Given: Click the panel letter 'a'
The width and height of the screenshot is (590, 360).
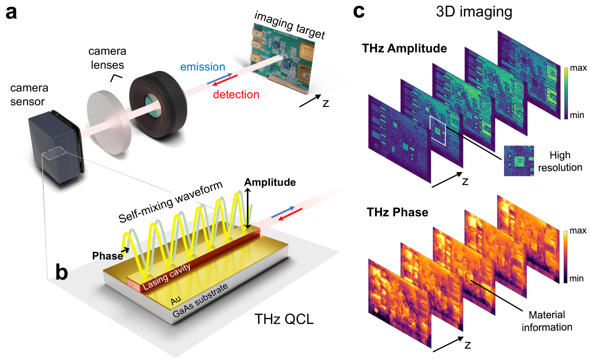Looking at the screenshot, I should (x=11, y=12).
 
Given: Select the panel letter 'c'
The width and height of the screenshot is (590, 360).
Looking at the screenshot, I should (x=359, y=11).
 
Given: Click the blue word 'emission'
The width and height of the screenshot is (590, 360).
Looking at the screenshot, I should (x=202, y=67).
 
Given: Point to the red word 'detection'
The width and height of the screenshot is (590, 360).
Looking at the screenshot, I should (x=236, y=94).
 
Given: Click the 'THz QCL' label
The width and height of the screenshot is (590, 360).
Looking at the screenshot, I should (x=284, y=319).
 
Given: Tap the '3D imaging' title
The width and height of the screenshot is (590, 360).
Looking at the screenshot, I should (x=474, y=12).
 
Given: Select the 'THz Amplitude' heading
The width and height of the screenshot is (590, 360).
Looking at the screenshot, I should (x=404, y=48).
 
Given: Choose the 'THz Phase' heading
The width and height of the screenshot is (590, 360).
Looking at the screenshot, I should (x=397, y=212).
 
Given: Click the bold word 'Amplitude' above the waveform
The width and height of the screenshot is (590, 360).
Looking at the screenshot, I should (x=270, y=182).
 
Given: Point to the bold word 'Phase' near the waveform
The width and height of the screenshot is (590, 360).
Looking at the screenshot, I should (x=107, y=256).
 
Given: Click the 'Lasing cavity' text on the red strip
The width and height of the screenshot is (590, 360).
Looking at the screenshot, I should (x=167, y=277).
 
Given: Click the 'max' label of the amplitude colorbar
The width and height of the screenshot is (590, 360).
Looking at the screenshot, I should (x=578, y=68).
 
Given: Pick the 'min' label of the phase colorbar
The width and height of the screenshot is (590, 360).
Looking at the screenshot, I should (x=576, y=279).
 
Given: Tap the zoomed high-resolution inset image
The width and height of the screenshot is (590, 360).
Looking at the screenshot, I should (x=519, y=161).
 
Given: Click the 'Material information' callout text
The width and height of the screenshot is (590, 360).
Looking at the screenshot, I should (x=547, y=321).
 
